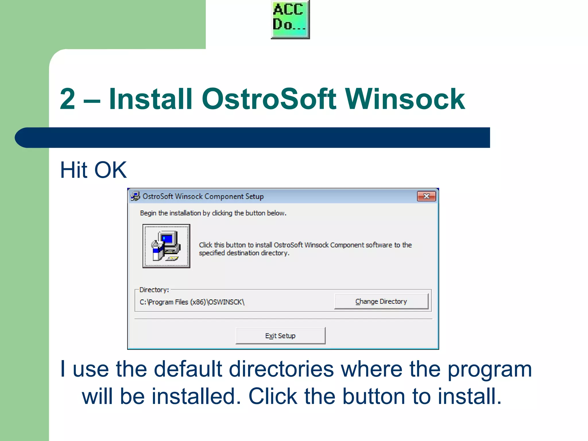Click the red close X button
pos(426,196)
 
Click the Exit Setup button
pos(281,336)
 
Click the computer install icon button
pos(166,246)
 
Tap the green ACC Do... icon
pos(290,19)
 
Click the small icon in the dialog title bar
pos(135,196)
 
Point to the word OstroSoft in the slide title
pos(269,99)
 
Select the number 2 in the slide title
pos(68,99)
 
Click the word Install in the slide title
pos(150,99)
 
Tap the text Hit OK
pos(93,170)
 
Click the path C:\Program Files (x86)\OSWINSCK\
pos(192,302)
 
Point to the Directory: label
pos(154,290)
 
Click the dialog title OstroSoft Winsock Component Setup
pos(203,196)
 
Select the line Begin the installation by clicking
pos(213,213)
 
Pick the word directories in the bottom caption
pos(281,369)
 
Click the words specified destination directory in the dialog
pos(244,253)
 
